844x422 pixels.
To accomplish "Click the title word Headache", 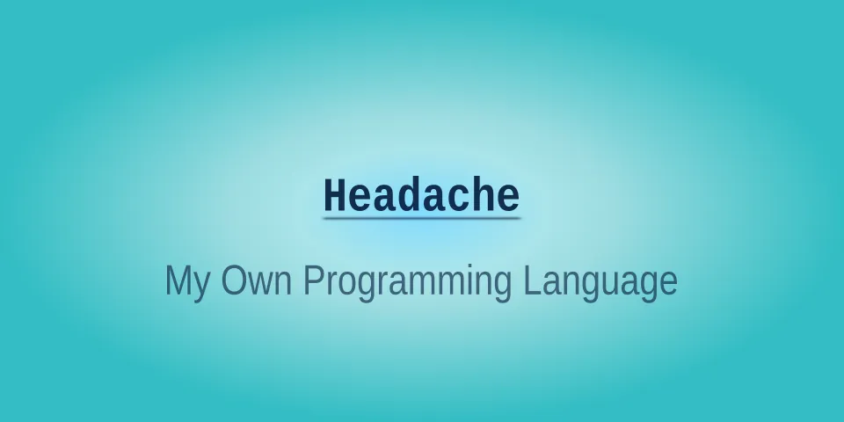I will click(x=421, y=195).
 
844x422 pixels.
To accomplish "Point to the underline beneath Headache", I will click(x=421, y=216).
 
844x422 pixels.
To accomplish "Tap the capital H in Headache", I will click(x=336, y=195).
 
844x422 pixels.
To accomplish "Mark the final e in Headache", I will click(x=507, y=198).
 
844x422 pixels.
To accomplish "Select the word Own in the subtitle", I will click(x=256, y=281).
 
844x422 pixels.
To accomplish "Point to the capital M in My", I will click(x=178, y=281).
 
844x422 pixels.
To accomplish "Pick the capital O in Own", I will click(x=232, y=281).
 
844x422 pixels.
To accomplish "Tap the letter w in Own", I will click(x=257, y=285).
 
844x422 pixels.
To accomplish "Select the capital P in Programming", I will click(x=314, y=281).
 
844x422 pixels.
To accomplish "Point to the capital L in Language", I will click(x=532, y=281).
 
